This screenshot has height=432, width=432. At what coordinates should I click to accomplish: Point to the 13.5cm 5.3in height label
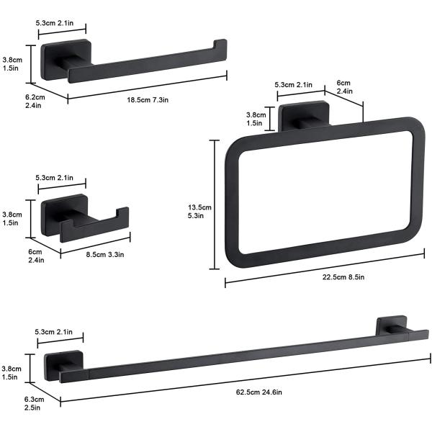[x=196, y=210]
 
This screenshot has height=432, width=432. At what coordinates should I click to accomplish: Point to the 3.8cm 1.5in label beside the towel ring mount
[x=256, y=118]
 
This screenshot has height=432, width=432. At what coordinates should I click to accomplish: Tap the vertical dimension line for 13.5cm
[x=213, y=204]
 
